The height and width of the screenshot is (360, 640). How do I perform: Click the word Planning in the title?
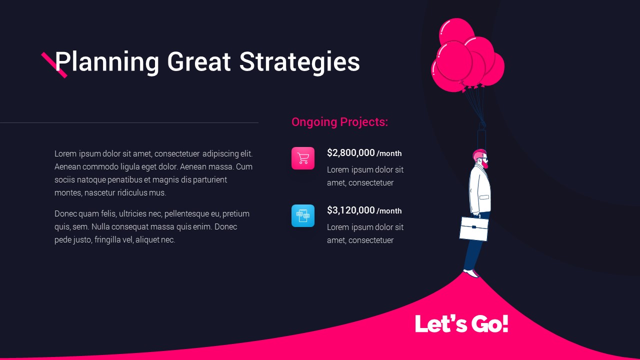107,61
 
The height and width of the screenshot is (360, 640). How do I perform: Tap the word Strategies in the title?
299,61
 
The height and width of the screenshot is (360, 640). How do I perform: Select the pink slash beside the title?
54,65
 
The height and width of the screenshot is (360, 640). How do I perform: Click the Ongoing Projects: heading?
339,122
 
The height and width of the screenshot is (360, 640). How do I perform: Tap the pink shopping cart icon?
303,158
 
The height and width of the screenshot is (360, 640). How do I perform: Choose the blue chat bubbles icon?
303,215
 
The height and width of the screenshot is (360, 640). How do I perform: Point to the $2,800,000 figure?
351,153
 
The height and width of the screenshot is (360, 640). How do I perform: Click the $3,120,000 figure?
351,210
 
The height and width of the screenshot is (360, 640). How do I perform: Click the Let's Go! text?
461,323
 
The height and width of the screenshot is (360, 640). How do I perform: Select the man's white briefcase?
474,228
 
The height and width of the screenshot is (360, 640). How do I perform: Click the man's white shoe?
471,273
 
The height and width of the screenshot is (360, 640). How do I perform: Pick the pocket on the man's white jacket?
484,197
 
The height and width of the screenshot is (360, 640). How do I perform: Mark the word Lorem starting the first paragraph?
65,153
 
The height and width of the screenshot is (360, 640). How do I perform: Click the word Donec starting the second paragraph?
65,213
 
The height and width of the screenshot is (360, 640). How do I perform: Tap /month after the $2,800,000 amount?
389,153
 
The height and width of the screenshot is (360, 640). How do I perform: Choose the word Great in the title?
199,61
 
